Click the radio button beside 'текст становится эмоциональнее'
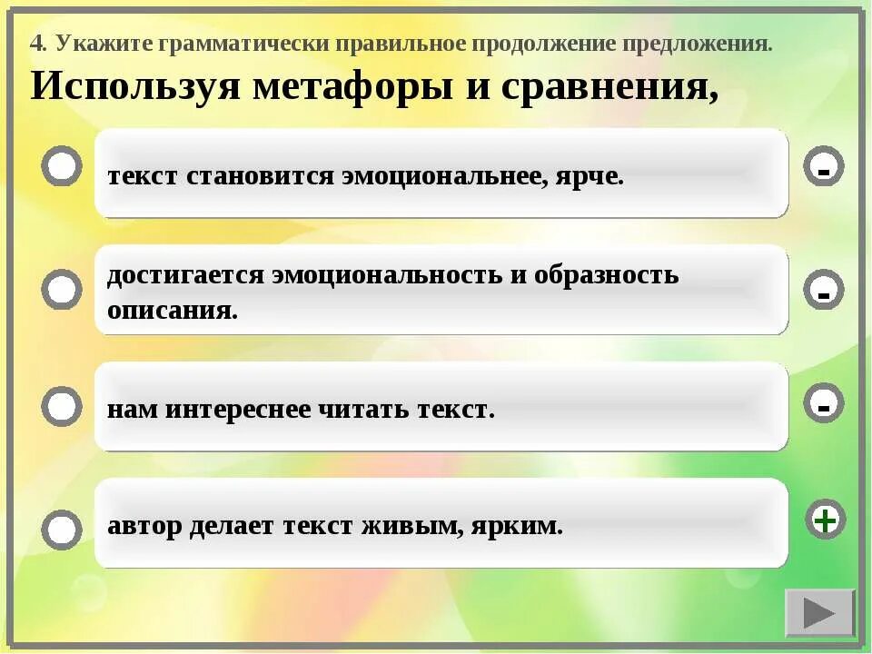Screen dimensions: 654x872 pos(62,166)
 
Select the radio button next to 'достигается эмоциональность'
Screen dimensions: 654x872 pos(62,290)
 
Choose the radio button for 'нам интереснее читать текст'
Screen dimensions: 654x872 pos(62,406)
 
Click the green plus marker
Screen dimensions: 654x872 pos(824,520)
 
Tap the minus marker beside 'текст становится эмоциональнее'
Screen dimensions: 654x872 pos(824,168)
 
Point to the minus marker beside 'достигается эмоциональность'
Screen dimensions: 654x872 pos(824,292)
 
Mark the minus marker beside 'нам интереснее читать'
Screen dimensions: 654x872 pos(824,405)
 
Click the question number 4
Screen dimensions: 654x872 pos(37,43)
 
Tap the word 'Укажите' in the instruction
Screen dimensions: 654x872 pos(104,43)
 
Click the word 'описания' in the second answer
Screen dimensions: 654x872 pos(172,311)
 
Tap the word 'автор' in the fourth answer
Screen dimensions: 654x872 pos(144,526)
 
